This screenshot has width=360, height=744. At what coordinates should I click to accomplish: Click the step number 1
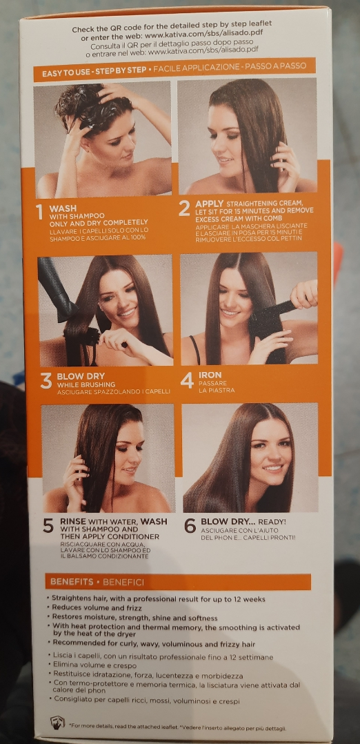[x=40, y=212]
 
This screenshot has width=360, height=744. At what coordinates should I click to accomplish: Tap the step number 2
[x=185, y=208]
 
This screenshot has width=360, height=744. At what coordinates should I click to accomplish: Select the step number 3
[x=46, y=381]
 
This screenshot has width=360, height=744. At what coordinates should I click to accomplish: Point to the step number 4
[x=188, y=380]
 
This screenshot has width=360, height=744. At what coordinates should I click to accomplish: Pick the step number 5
[x=48, y=525]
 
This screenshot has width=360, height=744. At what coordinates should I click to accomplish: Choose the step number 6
[x=190, y=525]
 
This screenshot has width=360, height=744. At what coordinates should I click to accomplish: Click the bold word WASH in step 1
[x=63, y=208]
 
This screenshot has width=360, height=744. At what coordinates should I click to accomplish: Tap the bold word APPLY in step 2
[x=209, y=204]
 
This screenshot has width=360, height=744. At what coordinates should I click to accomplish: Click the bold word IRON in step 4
[x=210, y=375]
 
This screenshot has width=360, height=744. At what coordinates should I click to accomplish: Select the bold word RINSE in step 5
[x=73, y=521]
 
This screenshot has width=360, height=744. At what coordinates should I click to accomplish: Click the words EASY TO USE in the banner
[x=64, y=73]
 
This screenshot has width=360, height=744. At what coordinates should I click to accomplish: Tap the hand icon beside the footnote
[x=57, y=722]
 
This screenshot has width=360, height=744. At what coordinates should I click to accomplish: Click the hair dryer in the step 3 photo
[x=56, y=287]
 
